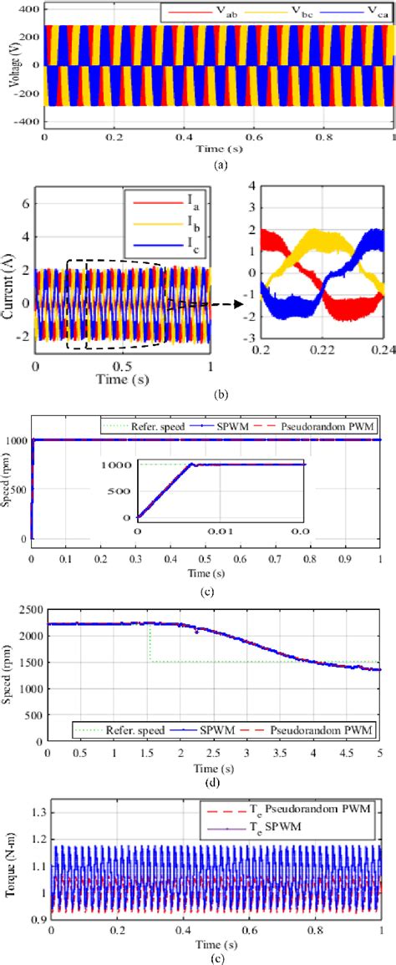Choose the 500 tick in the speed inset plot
[x=122, y=491]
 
